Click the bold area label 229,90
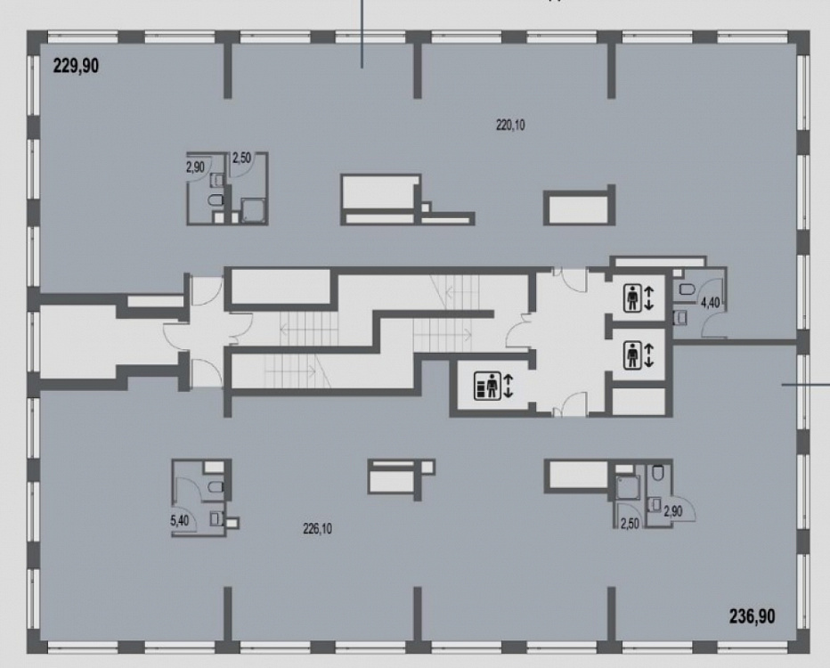(76, 66)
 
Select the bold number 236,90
(753, 616)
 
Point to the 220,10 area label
(510, 126)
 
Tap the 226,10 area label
(318, 528)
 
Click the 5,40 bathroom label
(179, 520)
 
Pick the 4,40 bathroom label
(710, 303)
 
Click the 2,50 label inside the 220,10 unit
(241, 158)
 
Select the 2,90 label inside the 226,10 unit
(672, 512)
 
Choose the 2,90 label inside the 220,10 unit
(195, 167)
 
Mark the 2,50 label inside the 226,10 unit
(630, 524)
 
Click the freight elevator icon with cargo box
(486, 386)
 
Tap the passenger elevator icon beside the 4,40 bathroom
(632, 297)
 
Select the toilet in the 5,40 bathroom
(216, 486)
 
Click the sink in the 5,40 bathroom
(216, 518)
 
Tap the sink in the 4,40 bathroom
(680, 316)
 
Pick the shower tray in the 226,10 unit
(629, 487)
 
